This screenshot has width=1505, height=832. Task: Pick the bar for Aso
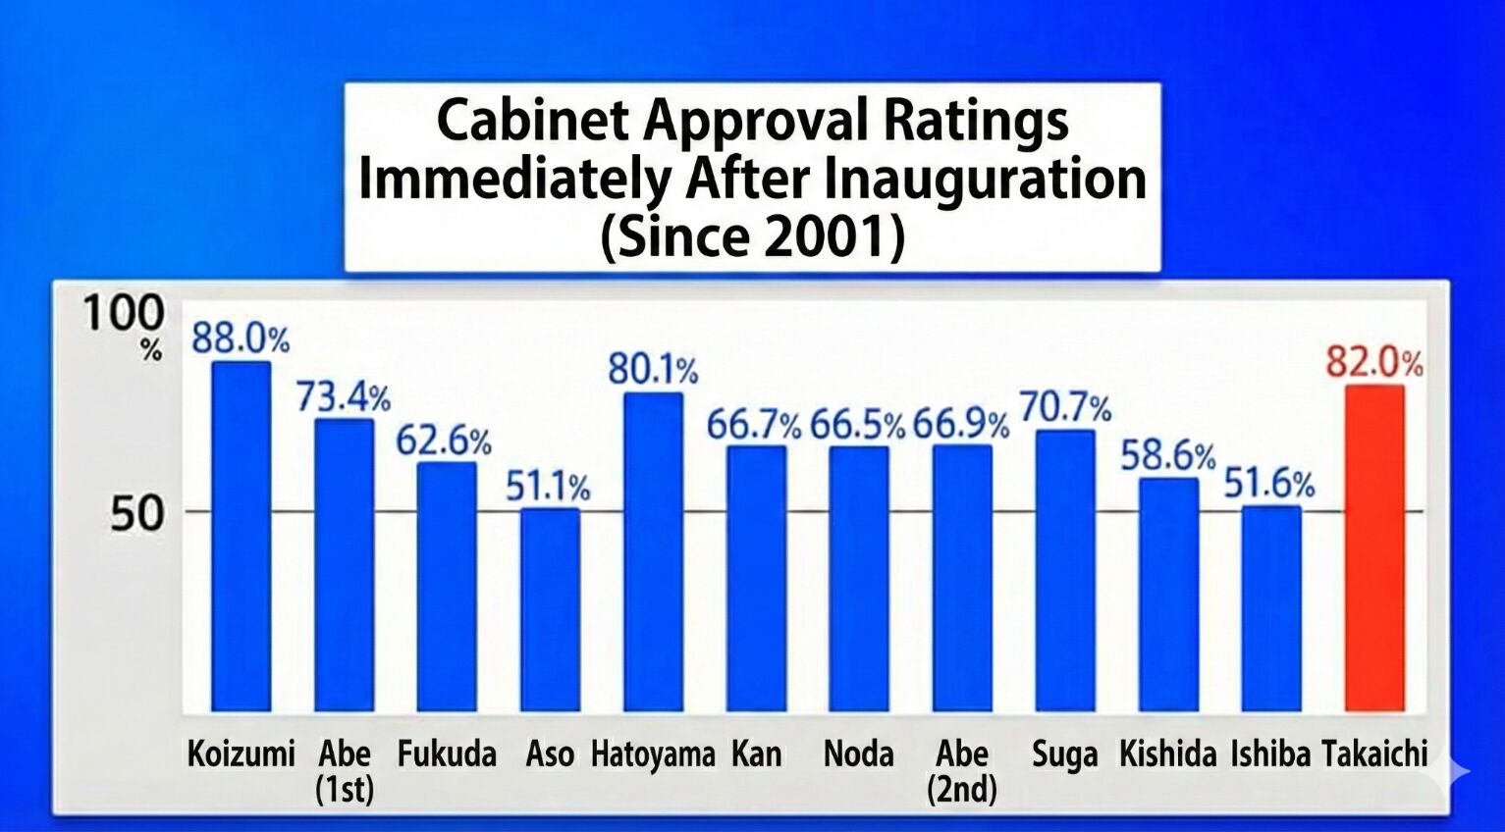click(550, 609)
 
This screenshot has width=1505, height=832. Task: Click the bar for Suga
click(1065, 570)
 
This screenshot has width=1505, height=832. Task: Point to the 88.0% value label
click(241, 339)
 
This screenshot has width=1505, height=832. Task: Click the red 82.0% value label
click(1373, 362)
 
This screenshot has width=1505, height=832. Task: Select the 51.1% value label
click(548, 487)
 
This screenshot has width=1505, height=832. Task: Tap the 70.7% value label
click(1065, 407)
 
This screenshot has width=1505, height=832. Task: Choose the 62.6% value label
click(444, 442)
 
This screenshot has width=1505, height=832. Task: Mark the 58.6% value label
click(1168, 456)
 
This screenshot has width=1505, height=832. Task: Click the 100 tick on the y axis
click(124, 314)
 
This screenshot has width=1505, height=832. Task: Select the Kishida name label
click(1167, 754)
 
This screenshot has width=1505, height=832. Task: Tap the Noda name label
click(858, 754)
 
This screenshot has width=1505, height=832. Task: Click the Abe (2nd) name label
click(961, 770)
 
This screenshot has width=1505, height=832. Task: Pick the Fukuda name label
click(447, 754)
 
